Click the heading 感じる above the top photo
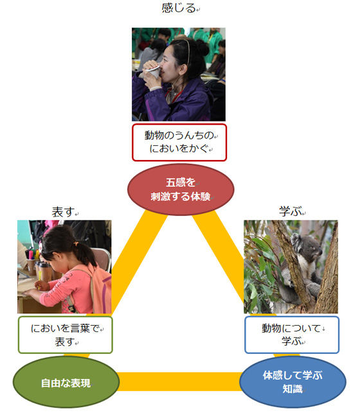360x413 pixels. [179, 8]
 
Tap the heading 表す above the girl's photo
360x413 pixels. [63, 213]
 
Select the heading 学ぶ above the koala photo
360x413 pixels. [290, 211]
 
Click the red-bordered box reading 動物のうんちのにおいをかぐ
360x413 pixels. [179, 142]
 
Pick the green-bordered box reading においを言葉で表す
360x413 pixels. [66, 335]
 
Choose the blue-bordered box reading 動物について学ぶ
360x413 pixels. [292, 335]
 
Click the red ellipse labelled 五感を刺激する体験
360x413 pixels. [181, 189]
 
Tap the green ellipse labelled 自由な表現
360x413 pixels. [66, 382]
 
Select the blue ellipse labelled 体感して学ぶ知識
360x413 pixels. [292, 382]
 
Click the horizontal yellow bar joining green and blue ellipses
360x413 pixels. [180, 382]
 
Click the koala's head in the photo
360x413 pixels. [307, 245]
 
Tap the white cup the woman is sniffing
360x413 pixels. [153, 72]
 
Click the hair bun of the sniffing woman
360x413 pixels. [203, 47]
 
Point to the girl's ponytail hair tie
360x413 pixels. [76, 243]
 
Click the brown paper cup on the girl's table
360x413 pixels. [46, 272]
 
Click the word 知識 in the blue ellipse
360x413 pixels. [292, 389]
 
